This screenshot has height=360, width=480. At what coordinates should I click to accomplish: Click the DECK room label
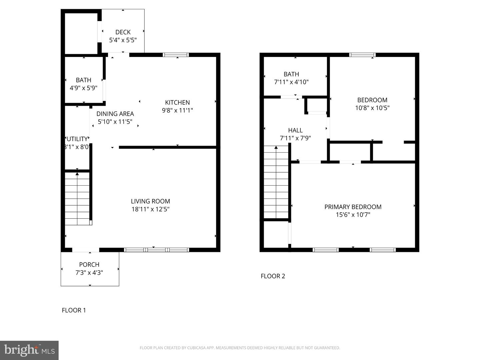pyautogui.click(x=123, y=32)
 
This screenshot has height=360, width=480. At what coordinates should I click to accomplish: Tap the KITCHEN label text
pyautogui.click(x=177, y=102)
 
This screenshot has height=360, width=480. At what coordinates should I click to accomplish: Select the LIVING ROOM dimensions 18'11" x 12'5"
pyautogui.click(x=150, y=209)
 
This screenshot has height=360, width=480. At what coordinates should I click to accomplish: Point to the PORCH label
pyautogui.click(x=89, y=264)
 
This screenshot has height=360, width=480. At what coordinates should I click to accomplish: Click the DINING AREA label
pyautogui.click(x=115, y=114)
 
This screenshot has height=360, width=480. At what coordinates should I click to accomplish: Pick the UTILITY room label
pyautogui.click(x=77, y=139)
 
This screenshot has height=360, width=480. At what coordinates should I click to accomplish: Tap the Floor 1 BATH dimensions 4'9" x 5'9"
pyautogui.click(x=83, y=88)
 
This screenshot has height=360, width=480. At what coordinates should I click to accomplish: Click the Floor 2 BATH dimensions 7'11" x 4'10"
pyautogui.click(x=291, y=82)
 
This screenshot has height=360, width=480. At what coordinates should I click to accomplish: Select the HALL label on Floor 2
pyautogui.click(x=295, y=130)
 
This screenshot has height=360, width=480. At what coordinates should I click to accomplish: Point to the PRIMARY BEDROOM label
pyautogui.click(x=353, y=207)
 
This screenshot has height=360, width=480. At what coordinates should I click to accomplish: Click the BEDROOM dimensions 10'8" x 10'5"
pyautogui.click(x=372, y=108)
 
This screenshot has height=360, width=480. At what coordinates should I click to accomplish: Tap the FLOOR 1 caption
pyautogui.click(x=74, y=310)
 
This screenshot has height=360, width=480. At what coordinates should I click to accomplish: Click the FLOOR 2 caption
pyautogui.click(x=273, y=276)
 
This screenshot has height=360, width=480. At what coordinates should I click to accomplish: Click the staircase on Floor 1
pyautogui.click(x=77, y=199)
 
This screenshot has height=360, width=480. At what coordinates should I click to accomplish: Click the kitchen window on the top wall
pyautogui.click(x=176, y=55)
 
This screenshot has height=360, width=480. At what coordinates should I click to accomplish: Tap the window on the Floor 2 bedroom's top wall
pyautogui.click(x=362, y=55)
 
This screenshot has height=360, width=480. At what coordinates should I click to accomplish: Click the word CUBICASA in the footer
pyautogui.click(x=199, y=348)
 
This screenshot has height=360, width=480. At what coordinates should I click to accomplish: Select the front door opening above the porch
pyautogui.click(x=86, y=250)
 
